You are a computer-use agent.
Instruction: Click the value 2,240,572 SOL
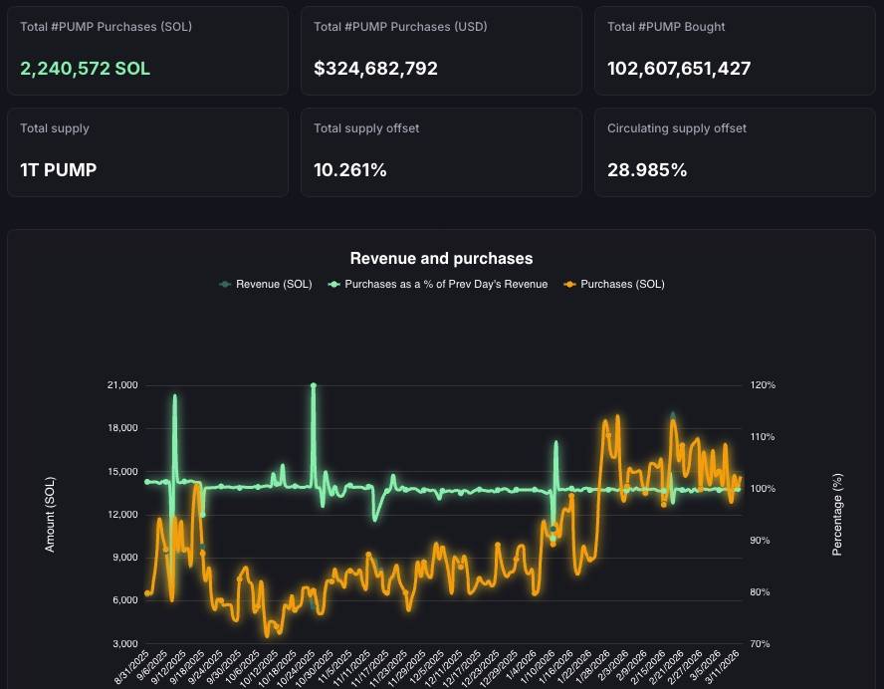coord(85,69)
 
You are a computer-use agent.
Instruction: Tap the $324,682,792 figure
coord(375,69)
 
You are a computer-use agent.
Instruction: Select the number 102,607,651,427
coord(679,69)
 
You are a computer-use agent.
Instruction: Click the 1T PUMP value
coord(59,170)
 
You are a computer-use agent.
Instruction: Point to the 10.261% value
coord(349,170)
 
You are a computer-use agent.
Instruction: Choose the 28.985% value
coord(647,170)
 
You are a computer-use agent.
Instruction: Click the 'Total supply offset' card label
coord(366,128)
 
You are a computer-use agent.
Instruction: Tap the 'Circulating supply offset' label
coord(677,128)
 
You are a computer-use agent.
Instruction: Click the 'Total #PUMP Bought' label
coord(666,27)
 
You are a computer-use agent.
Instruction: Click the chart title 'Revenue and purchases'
coord(441,259)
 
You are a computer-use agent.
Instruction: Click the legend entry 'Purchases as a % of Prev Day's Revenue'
coord(445,284)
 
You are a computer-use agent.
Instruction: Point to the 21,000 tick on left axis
coord(120,385)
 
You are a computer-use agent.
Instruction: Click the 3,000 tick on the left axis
coord(124,644)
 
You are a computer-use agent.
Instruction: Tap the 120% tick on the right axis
coord(762,385)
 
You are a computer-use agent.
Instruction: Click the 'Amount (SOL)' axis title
coord(51,514)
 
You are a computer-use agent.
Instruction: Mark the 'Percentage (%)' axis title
coord(837,514)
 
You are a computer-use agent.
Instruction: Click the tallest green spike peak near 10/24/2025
coord(314,385)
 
